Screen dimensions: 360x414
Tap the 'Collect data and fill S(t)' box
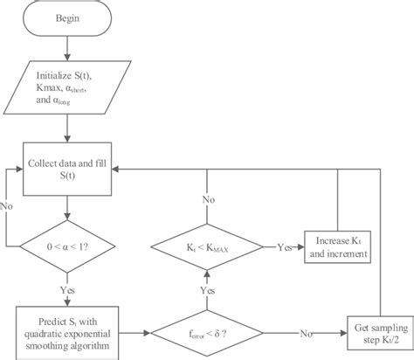coord(67,171)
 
